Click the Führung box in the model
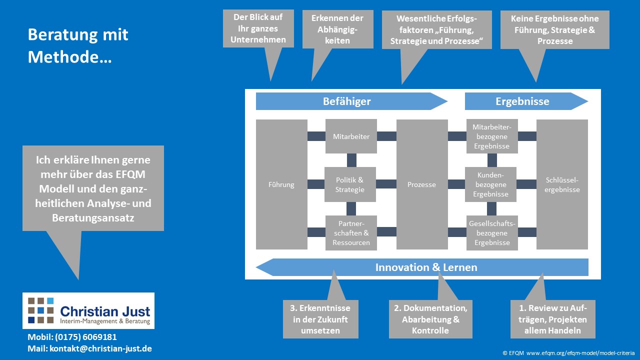(x=281, y=184)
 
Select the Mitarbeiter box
(x=351, y=136)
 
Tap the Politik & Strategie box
(x=350, y=184)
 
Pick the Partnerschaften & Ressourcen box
(x=351, y=232)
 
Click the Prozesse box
(x=422, y=184)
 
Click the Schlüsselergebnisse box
(x=562, y=184)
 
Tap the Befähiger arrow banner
(x=347, y=101)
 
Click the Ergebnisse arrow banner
(x=522, y=101)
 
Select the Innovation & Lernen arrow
(x=426, y=267)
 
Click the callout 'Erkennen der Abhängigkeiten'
(x=337, y=29)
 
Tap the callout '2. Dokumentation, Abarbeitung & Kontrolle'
(x=430, y=319)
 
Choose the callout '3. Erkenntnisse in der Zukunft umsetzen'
(x=320, y=319)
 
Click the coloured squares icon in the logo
(x=41, y=310)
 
